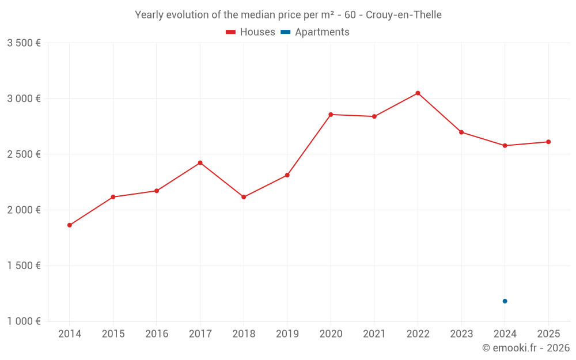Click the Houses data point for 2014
[70, 225]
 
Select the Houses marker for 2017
[200, 163]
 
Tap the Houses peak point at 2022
[418, 93]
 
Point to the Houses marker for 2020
[331, 115]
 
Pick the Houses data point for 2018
[244, 197]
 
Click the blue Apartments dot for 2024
[505, 301]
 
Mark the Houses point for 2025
[548, 142]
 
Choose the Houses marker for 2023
[461, 132]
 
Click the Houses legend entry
[251, 32]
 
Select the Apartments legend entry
[316, 32]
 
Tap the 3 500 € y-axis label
[24, 43]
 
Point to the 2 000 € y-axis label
[24, 210]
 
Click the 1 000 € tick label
[24, 321]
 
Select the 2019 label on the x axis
[287, 334]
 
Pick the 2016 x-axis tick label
[157, 334]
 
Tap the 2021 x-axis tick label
[374, 334]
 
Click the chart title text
[288, 15]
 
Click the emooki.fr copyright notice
[526, 348]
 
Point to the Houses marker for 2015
[113, 197]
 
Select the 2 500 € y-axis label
[24, 154]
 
